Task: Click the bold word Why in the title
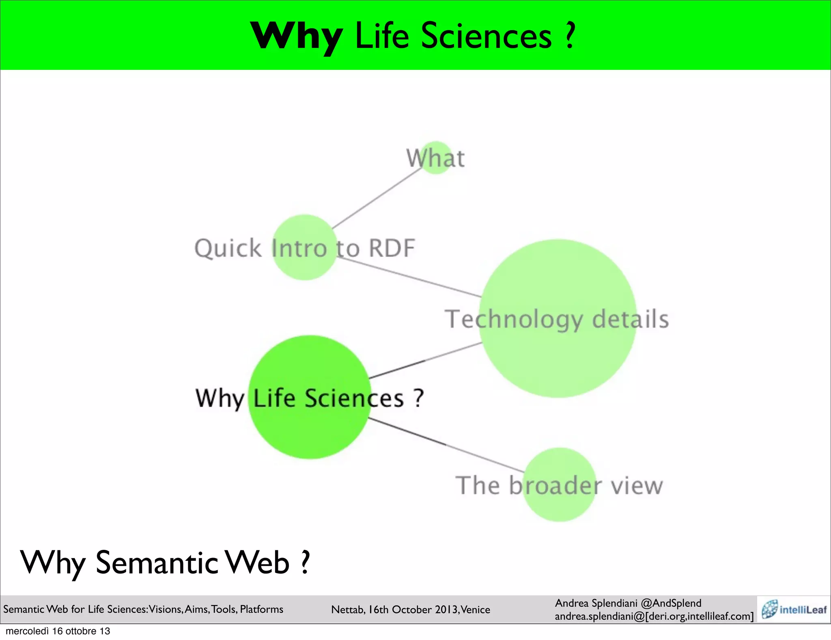coord(296,37)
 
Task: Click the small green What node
coord(436,158)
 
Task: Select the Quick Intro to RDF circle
coord(304,247)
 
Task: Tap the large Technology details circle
coord(558,318)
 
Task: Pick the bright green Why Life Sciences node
coord(309,397)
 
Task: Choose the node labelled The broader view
coord(559,484)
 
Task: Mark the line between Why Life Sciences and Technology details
coord(426,360)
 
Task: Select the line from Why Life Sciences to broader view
coord(446,445)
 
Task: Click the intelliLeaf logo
coord(793,609)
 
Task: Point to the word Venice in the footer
coord(476,610)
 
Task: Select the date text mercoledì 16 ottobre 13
coord(58,631)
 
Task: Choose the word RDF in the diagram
coord(392,248)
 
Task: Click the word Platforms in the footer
coord(262,609)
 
